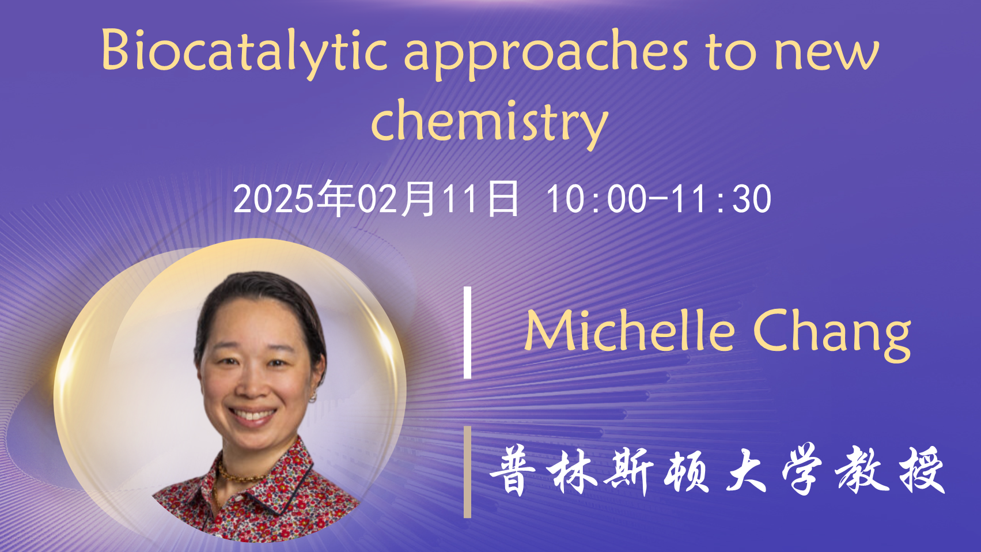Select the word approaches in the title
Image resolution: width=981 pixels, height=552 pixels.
point(546,54)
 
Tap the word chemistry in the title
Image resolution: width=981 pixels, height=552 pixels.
point(490,124)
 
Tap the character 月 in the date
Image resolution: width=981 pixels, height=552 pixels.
point(418,199)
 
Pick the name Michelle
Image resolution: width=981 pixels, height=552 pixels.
point(630,330)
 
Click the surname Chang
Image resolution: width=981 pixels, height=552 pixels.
point(832,335)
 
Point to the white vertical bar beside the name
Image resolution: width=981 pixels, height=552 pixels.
point(467,332)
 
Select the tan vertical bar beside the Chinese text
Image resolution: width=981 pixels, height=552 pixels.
point(467,472)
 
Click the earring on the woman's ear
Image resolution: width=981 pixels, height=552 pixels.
point(313,398)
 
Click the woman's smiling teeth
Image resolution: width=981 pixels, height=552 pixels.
point(252,414)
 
